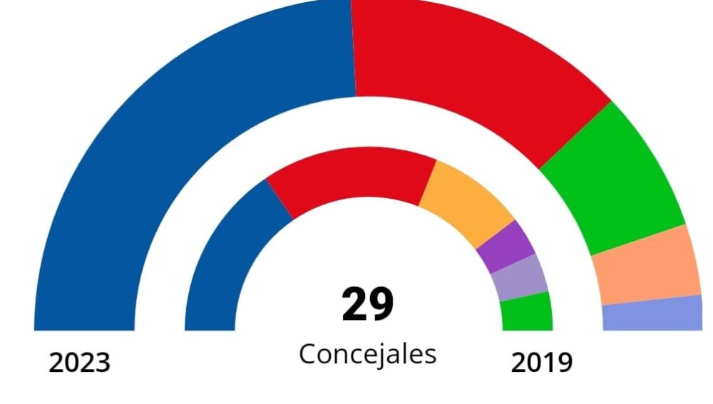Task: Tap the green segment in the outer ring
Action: coord(613,185)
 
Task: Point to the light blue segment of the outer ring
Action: coord(653,314)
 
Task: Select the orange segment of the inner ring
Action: coord(467,203)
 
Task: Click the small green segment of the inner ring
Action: coord(527,314)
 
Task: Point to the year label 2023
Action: coord(80,363)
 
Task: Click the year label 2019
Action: coord(541,363)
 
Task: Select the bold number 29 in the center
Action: coord(367,304)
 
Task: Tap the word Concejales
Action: coord(367,353)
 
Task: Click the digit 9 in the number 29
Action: coord(381,304)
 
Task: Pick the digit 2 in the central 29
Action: coord(354,304)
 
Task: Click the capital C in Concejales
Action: coord(307,353)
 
